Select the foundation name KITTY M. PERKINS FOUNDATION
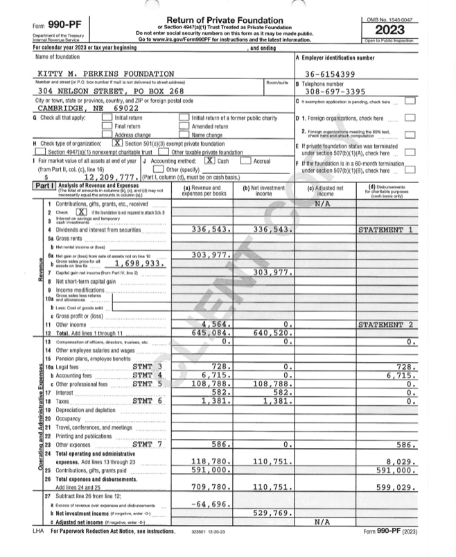click(x=105, y=74)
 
